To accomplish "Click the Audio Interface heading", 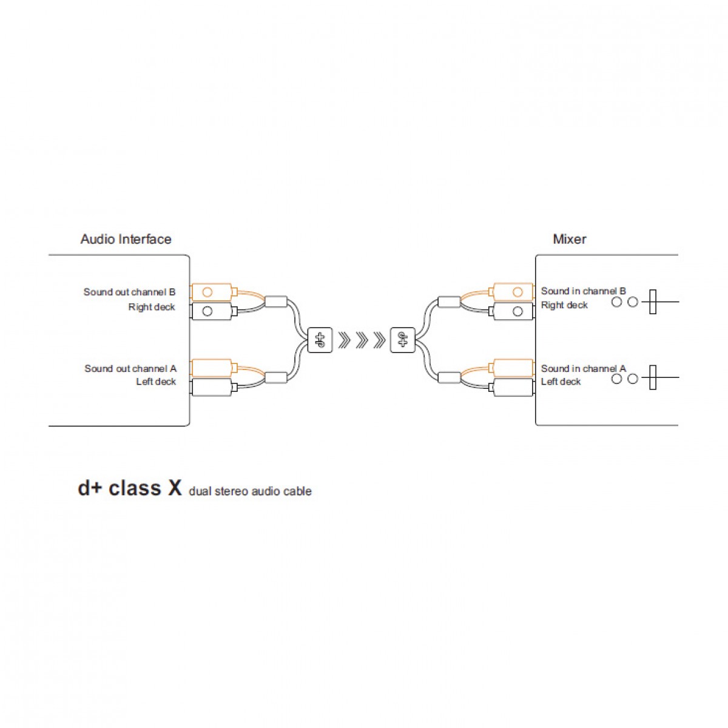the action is pyautogui.click(x=126, y=239).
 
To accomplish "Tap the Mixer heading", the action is pyautogui.click(x=569, y=239).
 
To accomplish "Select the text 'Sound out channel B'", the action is pyautogui.click(x=130, y=292).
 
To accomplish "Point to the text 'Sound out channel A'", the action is pyautogui.click(x=130, y=368).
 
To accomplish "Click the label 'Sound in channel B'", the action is pyautogui.click(x=583, y=291).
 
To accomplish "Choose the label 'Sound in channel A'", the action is pyautogui.click(x=583, y=368).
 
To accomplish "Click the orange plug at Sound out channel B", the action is pyautogui.click(x=214, y=292).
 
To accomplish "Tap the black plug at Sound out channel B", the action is pyautogui.click(x=214, y=311).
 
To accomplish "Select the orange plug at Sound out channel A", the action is pyautogui.click(x=214, y=368).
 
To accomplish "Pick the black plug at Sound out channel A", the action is pyautogui.click(x=214, y=387).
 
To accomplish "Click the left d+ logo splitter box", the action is pyautogui.click(x=320, y=340).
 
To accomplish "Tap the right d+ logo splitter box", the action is pyautogui.click(x=403, y=340).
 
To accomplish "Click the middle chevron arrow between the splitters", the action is pyautogui.click(x=362, y=340).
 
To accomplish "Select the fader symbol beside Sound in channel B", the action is pyautogui.click(x=653, y=302).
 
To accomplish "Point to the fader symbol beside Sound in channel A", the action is pyautogui.click(x=653, y=377).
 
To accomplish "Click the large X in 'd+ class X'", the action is pyautogui.click(x=175, y=488).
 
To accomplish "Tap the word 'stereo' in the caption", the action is pyautogui.click(x=231, y=491).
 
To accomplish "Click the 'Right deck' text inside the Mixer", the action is pyautogui.click(x=564, y=305).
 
